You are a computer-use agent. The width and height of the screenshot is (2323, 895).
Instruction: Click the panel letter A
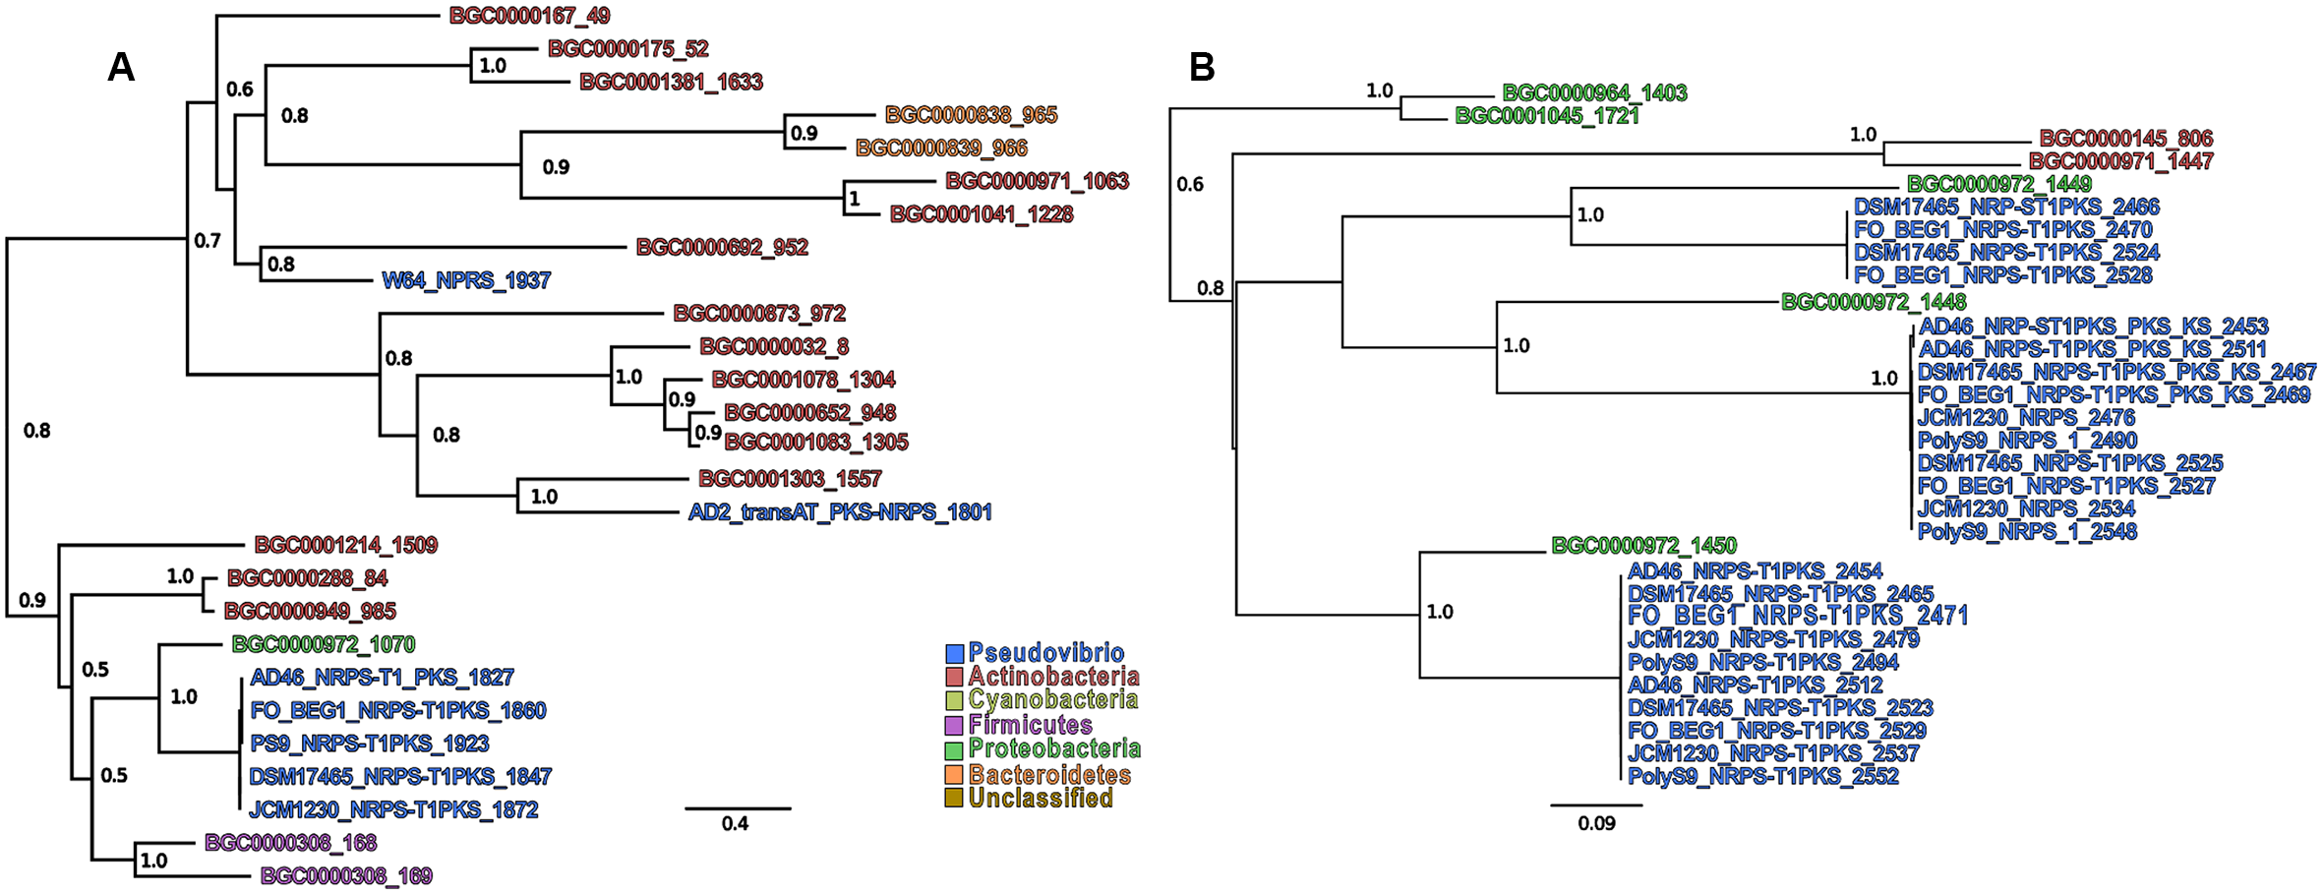(x=121, y=67)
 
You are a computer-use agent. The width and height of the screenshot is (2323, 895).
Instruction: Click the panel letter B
(x=1202, y=67)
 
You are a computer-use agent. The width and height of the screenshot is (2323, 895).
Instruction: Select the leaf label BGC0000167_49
(x=529, y=16)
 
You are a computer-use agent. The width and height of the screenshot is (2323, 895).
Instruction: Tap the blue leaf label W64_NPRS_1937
(x=466, y=280)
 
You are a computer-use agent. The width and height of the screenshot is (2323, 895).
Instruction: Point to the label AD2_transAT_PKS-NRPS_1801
(x=840, y=511)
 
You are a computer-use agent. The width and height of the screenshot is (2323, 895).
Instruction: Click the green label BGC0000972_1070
(x=324, y=644)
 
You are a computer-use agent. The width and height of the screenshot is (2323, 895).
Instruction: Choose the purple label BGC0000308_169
(x=346, y=875)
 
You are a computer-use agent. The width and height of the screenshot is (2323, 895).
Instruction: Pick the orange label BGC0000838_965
(x=971, y=115)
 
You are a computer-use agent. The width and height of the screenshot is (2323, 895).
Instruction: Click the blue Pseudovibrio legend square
(x=954, y=654)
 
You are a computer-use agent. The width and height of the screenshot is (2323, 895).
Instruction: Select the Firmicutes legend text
(x=1030, y=725)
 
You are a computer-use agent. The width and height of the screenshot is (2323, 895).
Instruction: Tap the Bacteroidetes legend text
(x=1049, y=774)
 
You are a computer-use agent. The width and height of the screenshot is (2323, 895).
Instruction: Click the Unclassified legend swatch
(x=954, y=798)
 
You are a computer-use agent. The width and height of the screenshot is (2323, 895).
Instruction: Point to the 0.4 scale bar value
(x=735, y=824)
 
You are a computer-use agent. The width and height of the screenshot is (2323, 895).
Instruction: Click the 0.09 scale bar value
(x=1596, y=823)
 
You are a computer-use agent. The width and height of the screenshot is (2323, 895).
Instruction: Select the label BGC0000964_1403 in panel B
(x=1594, y=92)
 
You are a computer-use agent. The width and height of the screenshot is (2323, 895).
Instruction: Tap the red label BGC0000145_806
(x=2125, y=138)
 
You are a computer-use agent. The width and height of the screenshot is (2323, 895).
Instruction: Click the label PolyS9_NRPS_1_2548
(x=2027, y=531)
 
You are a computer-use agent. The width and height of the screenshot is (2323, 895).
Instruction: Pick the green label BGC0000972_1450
(x=1643, y=545)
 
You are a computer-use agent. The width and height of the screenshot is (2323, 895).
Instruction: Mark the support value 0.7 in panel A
(x=208, y=241)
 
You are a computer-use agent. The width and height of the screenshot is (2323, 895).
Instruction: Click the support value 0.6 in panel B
(x=1190, y=184)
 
